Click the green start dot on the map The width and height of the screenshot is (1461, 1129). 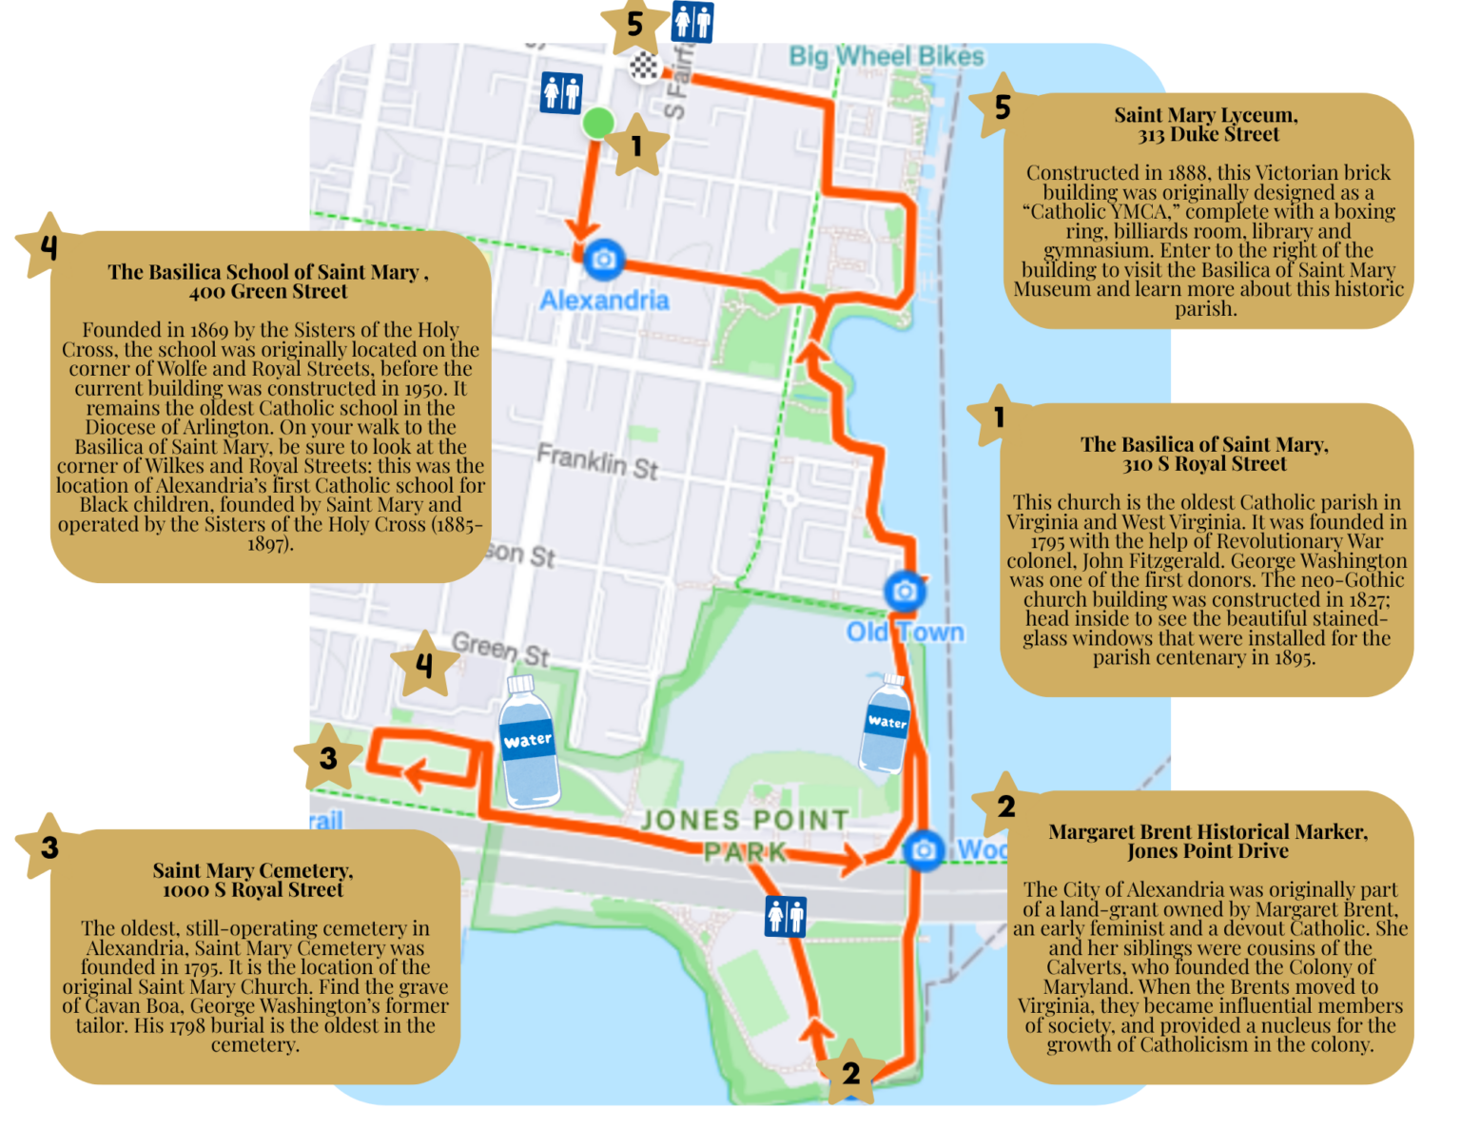tap(598, 123)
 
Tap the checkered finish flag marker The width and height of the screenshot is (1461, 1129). tap(645, 66)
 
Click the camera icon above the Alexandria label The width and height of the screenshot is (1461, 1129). tap(603, 259)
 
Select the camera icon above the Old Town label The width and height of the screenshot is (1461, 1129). tap(905, 591)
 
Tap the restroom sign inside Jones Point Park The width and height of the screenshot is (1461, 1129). tap(786, 916)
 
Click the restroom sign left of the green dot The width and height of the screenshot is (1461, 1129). tap(561, 93)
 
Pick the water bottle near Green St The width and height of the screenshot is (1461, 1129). tap(529, 742)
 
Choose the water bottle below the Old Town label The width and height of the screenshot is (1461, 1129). tap(886, 725)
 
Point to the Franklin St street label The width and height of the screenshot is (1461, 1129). tap(597, 461)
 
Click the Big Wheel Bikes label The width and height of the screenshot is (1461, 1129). tap(886, 56)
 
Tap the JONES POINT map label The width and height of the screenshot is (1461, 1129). tap(745, 820)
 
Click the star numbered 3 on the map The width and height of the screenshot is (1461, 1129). tap(328, 758)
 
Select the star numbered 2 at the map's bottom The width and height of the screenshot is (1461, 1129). tap(850, 1073)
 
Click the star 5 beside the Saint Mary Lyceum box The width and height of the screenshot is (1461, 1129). tap(1002, 107)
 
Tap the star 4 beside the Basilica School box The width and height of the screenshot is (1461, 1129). tap(48, 246)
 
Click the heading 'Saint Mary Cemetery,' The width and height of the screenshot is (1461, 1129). tap(253, 870)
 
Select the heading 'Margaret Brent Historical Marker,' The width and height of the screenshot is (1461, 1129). tap(1208, 831)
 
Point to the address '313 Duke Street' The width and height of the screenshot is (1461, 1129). tap(1208, 135)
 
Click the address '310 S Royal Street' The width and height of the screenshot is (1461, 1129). tap(1204, 464)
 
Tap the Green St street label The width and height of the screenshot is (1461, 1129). tap(500, 650)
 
